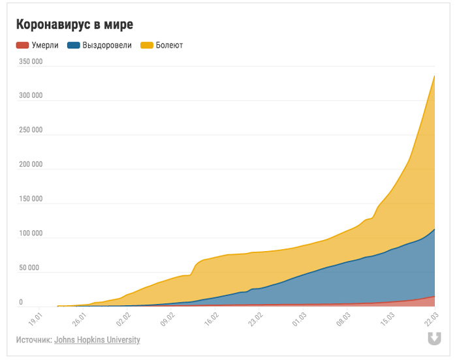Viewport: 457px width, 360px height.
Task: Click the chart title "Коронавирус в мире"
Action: click(74, 25)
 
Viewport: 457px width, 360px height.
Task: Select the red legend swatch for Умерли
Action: click(22, 46)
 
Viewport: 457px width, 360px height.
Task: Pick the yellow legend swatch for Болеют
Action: click(146, 46)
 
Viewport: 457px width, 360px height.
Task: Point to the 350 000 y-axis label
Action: click(31, 61)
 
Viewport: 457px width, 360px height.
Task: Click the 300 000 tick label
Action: click(31, 96)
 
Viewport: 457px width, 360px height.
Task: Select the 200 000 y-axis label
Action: click(31, 164)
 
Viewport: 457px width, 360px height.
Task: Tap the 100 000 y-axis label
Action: click(31, 233)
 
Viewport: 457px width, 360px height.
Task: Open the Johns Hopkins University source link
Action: click(97, 340)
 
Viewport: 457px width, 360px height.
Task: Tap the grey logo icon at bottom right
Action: click(433, 338)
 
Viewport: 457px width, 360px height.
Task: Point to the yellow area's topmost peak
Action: click(435, 76)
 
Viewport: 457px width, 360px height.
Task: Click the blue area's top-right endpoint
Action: click(435, 229)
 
